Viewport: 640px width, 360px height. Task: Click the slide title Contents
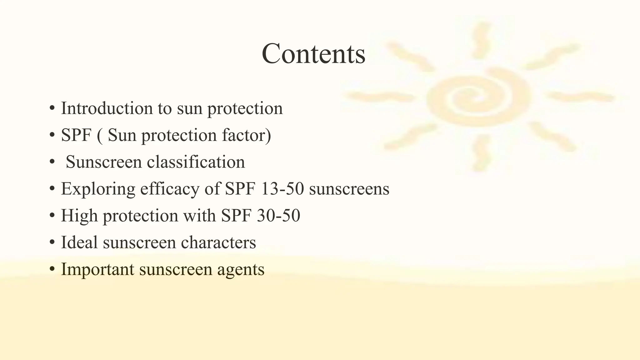[x=313, y=54]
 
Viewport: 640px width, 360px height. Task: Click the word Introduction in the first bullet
[x=107, y=108]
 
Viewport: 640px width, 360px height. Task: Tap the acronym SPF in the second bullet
[x=76, y=135]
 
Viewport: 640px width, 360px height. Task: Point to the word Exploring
[x=98, y=189]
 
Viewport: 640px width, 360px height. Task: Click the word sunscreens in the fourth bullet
[x=349, y=189]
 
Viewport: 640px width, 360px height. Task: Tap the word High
[x=79, y=216]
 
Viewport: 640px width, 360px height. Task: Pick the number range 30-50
[x=278, y=216]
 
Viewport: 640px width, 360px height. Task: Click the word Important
[x=97, y=269]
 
